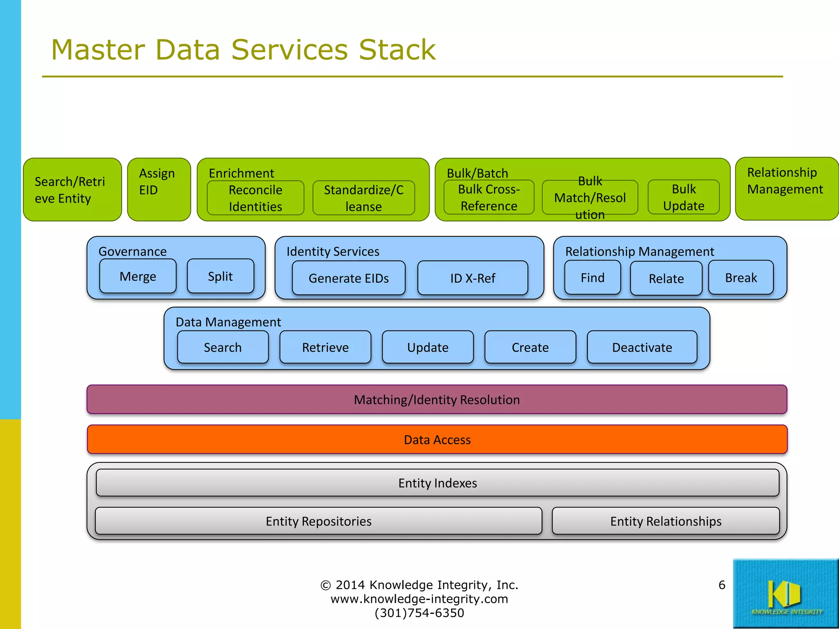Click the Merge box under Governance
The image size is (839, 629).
138,276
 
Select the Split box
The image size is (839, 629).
220,276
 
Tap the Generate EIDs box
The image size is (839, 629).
349,278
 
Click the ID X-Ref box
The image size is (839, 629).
473,278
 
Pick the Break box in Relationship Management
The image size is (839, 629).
741,278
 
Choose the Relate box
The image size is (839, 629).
666,279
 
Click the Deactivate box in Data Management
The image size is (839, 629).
642,347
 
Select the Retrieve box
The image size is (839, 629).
325,347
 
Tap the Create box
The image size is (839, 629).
530,347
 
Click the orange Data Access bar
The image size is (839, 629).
437,439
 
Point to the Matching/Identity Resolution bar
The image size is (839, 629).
437,399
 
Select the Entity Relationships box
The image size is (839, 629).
666,521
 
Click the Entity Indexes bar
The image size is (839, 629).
437,483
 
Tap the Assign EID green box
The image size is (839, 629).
159,190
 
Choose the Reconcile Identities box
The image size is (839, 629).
255,198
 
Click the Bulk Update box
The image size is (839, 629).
683,197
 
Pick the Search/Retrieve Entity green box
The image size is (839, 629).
72,190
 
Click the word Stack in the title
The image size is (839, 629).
397,50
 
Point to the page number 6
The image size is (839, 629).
722,585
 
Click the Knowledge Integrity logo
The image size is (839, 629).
785,593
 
